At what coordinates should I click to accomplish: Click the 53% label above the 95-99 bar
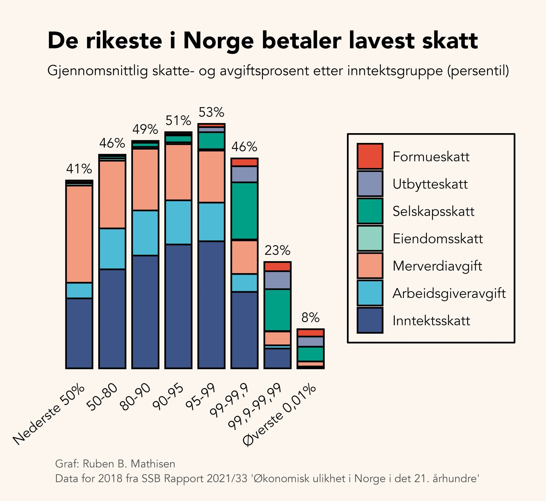211,112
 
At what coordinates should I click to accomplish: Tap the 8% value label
310,318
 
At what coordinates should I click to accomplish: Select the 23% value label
277,250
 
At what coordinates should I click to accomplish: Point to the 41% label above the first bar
79,169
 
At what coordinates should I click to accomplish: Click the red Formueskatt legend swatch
370,156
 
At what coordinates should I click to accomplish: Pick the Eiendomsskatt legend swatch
370,238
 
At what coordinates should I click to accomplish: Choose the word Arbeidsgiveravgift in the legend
449,293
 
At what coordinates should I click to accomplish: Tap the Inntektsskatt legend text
431,321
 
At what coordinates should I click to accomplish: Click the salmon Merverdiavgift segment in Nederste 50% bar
79,234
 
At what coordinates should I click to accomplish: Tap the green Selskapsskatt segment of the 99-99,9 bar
244,211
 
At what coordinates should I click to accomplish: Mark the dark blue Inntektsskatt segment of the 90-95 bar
178,306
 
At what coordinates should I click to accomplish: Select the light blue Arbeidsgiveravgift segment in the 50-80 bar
112,249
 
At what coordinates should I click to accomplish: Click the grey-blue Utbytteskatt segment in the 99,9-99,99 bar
277,280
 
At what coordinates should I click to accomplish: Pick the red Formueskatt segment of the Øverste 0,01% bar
310,333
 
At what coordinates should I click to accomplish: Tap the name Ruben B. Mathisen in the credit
129,464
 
